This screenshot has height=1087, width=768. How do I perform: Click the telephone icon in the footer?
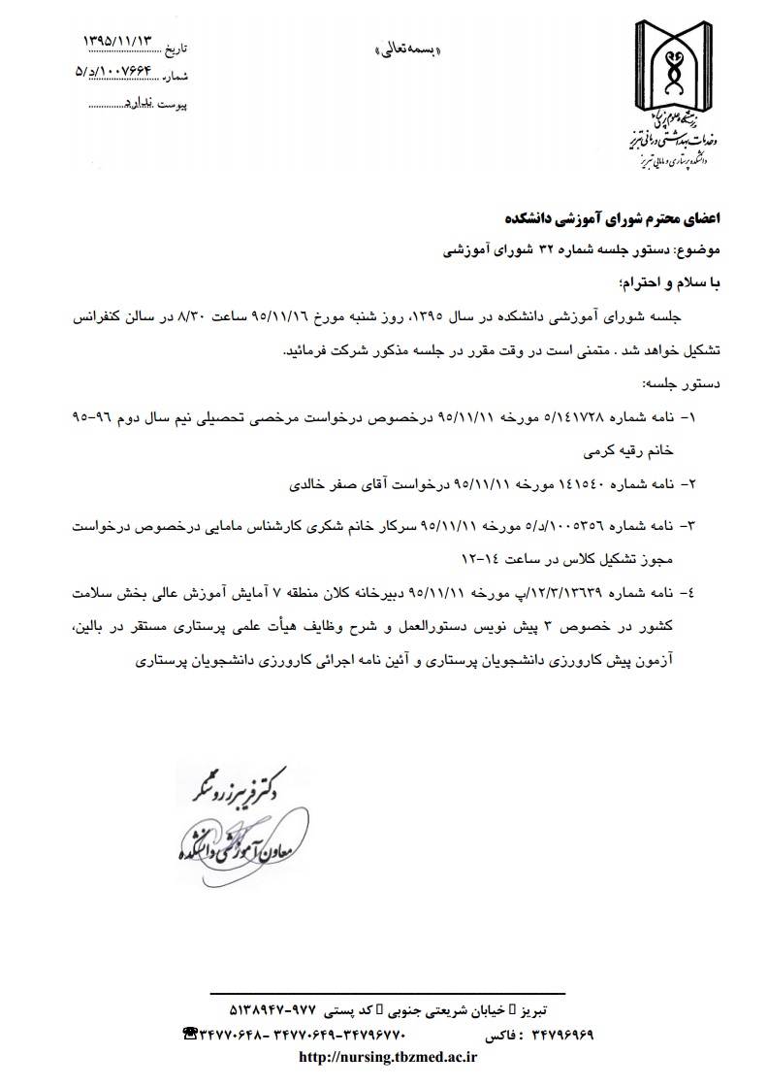coord(191,1035)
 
